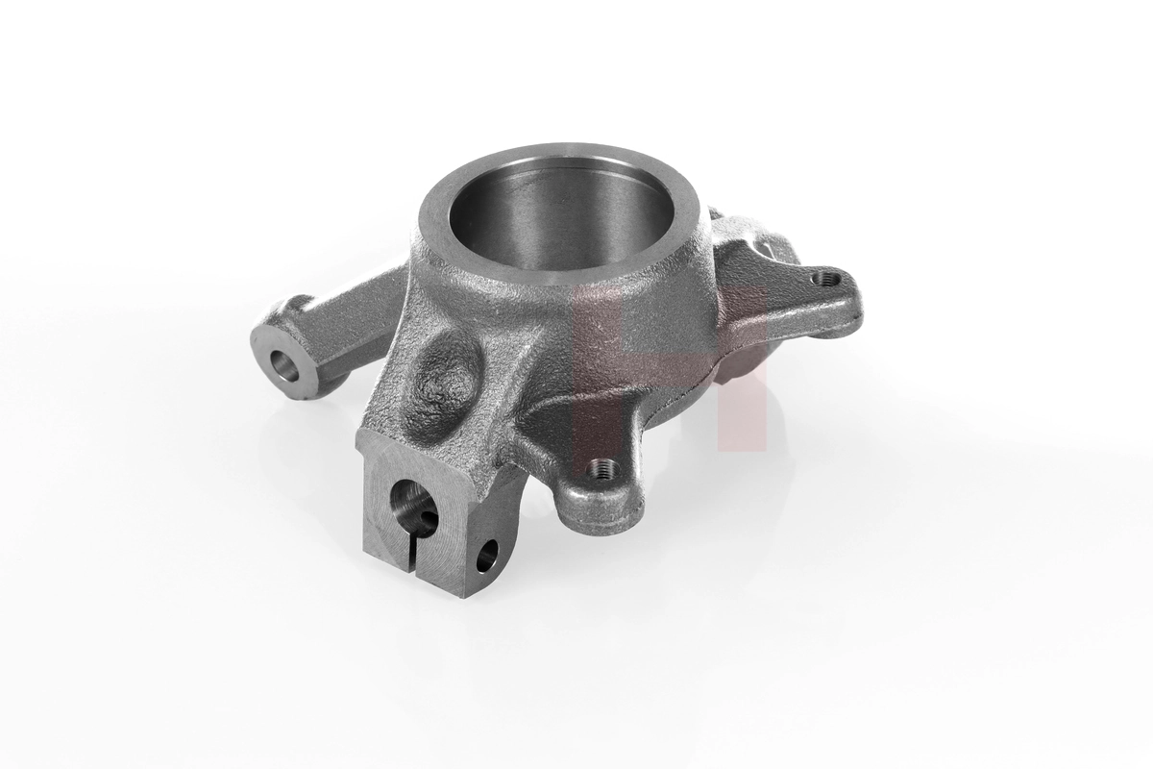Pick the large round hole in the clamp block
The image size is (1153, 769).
[x=408, y=503]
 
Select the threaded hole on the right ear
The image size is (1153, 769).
[x=822, y=279]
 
